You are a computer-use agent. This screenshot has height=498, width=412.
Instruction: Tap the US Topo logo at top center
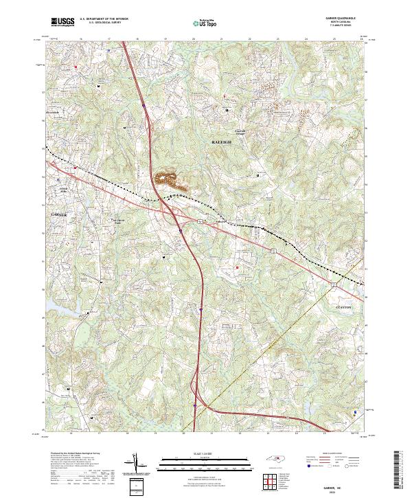pos(198,23)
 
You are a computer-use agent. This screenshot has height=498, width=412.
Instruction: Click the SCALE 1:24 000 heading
pos(206,453)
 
